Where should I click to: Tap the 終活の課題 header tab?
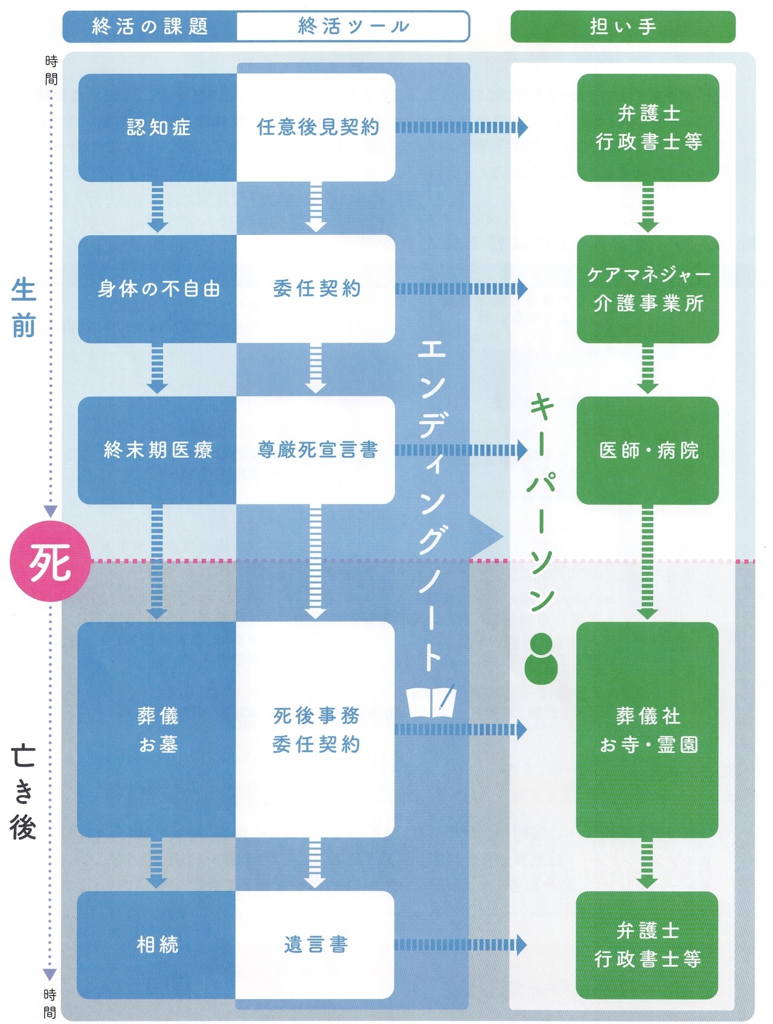point(150,27)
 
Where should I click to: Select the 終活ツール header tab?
point(353,27)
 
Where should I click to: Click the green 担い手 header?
point(623,27)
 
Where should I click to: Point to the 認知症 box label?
point(158,127)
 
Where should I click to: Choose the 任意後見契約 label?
point(318,127)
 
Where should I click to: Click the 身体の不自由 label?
point(158,289)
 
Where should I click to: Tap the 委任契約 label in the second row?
point(316,289)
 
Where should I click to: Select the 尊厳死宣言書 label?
point(318,450)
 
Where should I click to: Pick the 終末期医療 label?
point(158,450)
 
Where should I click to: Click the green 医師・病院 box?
point(648,450)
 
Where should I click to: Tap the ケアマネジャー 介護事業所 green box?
point(648,289)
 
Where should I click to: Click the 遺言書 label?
point(316,944)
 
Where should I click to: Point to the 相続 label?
point(157,944)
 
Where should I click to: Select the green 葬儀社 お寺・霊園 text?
point(648,730)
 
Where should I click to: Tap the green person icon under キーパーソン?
point(541,659)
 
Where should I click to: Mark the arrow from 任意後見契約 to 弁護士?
point(461,127)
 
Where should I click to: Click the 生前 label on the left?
point(24,308)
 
